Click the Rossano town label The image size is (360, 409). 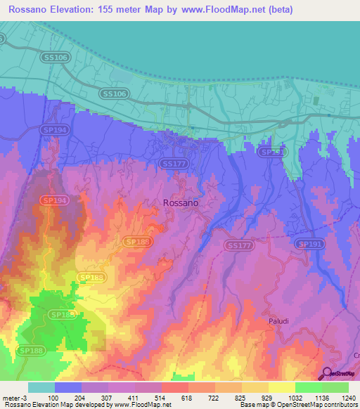[x=181, y=202]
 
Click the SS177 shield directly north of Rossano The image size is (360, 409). [x=174, y=163]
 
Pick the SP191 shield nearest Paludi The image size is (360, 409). [x=309, y=244]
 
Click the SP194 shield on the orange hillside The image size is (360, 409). [x=54, y=200]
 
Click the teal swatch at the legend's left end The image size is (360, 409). [x=41, y=387]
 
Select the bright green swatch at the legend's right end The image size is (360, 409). [x=335, y=387]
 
